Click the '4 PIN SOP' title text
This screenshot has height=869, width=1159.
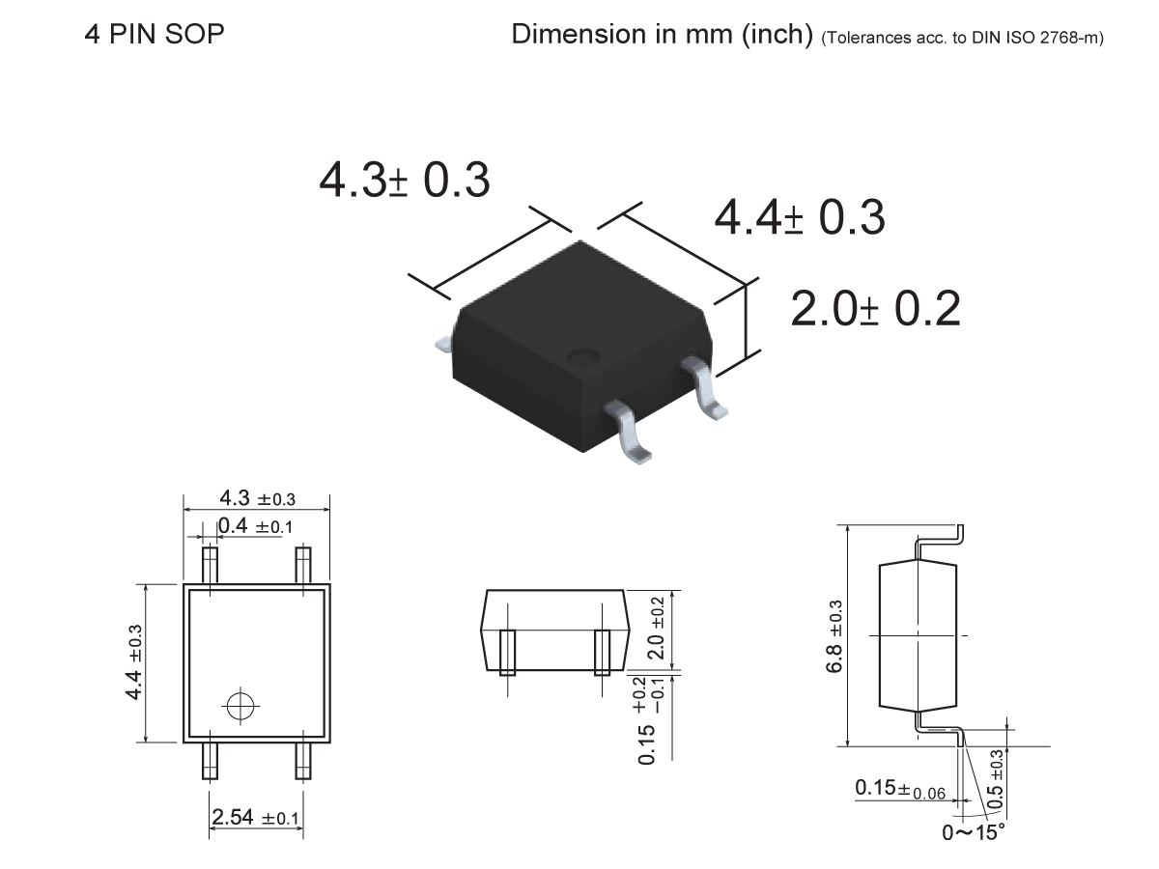155,35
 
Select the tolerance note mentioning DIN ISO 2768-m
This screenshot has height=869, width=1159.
963,39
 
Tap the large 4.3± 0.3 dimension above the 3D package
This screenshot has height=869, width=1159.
405,181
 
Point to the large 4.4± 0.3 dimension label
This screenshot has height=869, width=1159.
799,218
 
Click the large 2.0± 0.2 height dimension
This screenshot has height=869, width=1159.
875,309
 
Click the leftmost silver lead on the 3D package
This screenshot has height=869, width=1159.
443,342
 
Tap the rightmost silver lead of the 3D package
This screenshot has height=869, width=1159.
706,388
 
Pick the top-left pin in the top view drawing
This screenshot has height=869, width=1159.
210,565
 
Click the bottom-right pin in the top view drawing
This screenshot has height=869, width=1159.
303,760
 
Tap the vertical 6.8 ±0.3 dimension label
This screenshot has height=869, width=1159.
834,637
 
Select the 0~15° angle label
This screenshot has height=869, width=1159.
974,831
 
